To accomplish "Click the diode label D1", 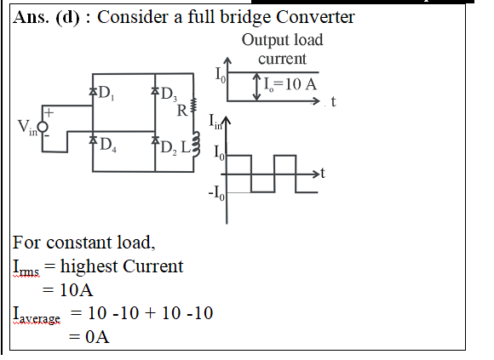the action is tap(106, 93).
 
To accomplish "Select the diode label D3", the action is tap(169, 94).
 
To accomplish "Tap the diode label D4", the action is tap(108, 145).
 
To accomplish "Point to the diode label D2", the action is tap(169, 147).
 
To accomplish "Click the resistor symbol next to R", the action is tap(193, 105).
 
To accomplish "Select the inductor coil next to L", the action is tap(196, 144).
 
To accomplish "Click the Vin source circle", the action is tap(43, 127).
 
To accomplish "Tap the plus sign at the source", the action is tap(49, 112).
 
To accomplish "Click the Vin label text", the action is tap(27, 128).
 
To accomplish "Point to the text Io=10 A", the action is tap(290, 84).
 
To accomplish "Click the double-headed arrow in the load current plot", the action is tap(257, 87).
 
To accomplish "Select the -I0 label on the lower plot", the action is tap(216, 192).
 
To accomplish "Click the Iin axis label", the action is tap(215, 122).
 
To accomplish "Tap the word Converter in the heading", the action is tap(315, 17).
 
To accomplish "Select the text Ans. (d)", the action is tap(46, 17).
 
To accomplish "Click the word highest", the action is tap(89, 266).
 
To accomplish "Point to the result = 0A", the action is tap(89, 337).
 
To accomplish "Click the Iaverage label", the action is tap(37, 315).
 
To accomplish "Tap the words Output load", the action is tap(282, 40).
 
